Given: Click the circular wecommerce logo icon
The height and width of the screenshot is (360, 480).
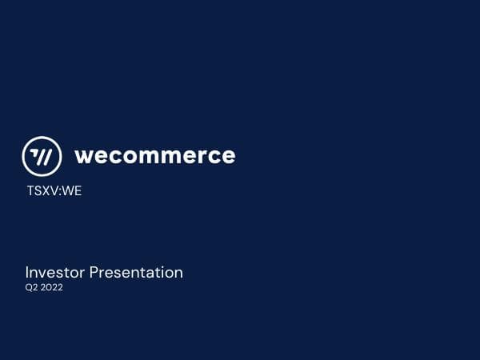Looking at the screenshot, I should pos(42,156).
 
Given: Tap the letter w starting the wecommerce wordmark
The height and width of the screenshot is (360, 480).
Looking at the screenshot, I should pos(84,156).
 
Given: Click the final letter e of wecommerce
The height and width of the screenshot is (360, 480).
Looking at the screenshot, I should pos(227,156).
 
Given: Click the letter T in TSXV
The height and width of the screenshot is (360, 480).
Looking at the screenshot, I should pos(30,191).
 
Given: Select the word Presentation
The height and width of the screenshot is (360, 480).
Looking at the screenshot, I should pos(136,273).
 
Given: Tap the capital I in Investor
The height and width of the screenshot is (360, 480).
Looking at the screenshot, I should pos(27,273).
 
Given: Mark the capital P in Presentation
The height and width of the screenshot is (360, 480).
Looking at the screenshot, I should pos(94,273).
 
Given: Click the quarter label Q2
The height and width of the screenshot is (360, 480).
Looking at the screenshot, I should pos(31,288).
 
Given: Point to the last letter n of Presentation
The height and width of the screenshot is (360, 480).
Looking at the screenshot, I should pos(178,274).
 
